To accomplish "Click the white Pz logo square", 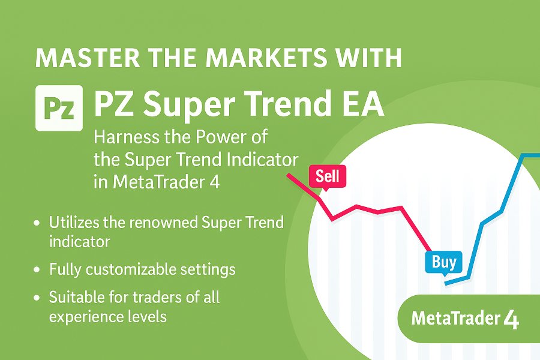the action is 59,108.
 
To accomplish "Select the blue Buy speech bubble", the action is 443,263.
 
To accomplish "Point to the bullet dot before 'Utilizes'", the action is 37,223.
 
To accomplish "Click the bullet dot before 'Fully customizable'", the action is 37,269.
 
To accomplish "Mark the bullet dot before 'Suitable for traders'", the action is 37,298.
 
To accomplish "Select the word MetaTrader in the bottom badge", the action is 456,319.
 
